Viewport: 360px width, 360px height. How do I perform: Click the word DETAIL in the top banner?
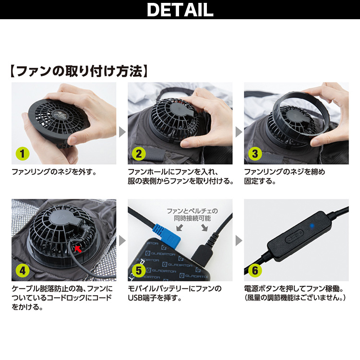[x=180, y=10]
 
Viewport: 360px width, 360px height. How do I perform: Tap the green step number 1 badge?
[x=23, y=154]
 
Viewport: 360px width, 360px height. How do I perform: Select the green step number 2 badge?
[x=139, y=154]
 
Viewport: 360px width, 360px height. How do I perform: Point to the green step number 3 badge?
[x=255, y=154]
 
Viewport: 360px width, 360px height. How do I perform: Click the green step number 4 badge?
[x=23, y=271]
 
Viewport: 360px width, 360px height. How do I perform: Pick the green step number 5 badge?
[x=139, y=271]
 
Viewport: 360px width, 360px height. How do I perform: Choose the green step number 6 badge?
[x=255, y=271]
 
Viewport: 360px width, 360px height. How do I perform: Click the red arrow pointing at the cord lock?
[x=78, y=249]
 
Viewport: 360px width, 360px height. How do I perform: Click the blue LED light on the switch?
[x=312, y=226]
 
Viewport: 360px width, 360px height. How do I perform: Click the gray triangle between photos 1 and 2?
[x=122, y=132]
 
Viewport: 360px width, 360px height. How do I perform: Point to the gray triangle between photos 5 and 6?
[x=239, y=240]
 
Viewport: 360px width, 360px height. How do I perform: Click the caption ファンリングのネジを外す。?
[x=54, y=172]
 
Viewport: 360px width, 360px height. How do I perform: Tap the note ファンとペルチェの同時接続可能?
[x=192, y=215]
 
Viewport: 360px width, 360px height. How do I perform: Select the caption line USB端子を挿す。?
[x=155, y=298]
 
